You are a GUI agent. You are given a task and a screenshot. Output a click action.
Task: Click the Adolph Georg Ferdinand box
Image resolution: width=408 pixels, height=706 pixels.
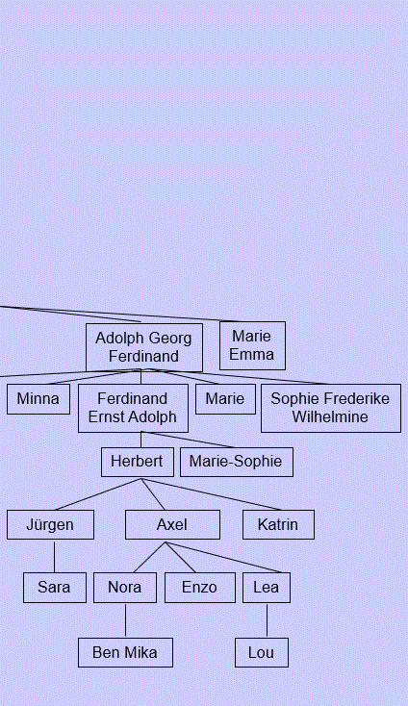[x=144, y=347]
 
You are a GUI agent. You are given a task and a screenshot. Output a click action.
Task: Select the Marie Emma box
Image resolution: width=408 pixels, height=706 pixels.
[x=252, y=345]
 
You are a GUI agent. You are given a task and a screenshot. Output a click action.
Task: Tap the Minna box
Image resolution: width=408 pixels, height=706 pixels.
[x=38, y=399]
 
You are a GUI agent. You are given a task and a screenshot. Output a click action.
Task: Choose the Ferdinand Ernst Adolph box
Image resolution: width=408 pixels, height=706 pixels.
[x=133, y=408]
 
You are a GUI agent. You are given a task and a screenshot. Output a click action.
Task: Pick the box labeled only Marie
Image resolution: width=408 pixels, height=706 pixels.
[x=225, y=399]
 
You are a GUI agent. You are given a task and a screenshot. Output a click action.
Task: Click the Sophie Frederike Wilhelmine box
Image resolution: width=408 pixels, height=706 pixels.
[x=331, y=408]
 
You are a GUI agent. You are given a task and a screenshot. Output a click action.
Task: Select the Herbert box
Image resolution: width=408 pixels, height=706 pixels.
[x=138, y=462]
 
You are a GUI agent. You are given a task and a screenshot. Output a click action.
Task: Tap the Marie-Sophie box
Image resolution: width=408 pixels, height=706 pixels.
[x=237, y=462]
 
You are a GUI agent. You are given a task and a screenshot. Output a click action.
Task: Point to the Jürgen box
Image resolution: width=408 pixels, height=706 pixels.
[x=50, y=524]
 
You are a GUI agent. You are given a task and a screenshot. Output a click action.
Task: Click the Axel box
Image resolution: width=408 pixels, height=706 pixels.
[x=172, y=524]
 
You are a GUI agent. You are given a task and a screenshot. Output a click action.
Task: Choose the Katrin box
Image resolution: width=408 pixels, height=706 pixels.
[x=278, y=524]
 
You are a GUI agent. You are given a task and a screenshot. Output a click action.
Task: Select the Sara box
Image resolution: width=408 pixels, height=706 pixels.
[x=55, y=588]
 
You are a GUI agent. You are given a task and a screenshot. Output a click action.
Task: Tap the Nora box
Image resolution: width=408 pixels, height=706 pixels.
[x=125, y=588]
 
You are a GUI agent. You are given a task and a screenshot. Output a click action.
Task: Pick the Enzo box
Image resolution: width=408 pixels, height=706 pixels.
[x=199, y=588]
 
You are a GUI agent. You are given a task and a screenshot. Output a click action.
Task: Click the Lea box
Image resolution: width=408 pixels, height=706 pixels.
[x=267, y=588]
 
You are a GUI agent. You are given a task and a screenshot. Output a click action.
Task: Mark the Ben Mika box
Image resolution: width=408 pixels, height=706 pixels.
[x=125, y=652]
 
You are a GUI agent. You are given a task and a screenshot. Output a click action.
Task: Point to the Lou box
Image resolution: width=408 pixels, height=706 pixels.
[x=262, y=652]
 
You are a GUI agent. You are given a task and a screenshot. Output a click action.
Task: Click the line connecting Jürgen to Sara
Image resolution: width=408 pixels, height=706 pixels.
[x=55, y=557]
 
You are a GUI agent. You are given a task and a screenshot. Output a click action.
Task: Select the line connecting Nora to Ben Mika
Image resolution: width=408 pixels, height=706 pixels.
[x=125, y=621]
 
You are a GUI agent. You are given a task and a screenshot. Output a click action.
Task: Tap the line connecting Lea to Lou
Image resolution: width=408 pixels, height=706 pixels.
[x=267, y=621]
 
